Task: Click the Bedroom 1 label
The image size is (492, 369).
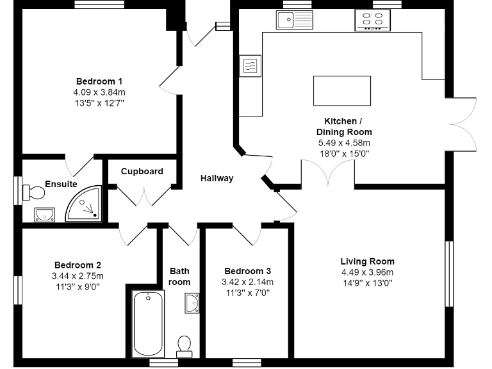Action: click(x=99, y=81)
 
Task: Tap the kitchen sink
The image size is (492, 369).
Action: click(x=294, y=20)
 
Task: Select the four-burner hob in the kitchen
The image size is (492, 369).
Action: click(x=372, y=21)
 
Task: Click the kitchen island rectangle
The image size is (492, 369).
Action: click(x=341, y=90)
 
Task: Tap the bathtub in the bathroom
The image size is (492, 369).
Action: click(x=147, y=323)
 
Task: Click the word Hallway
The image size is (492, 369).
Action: click(x=217, y=178)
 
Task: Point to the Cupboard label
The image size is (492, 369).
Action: click(x=142, y=171)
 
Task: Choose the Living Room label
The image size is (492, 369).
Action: click(x=367, y=261)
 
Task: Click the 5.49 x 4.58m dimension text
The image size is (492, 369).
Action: click(x=344, y=143)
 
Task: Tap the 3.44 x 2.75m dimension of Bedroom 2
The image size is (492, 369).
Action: click(x=78, y=275)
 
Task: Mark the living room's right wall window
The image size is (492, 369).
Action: click(x=450, y=274)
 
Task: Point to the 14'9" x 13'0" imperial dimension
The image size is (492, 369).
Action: click(x=367, y=283)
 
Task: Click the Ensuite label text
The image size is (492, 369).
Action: click(x=61, y=184)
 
